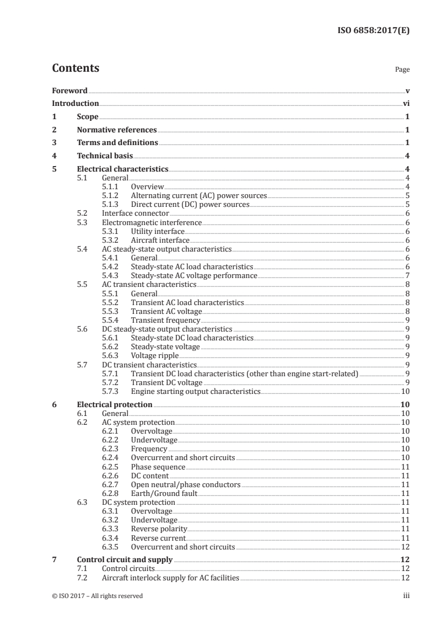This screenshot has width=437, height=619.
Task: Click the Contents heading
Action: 75,68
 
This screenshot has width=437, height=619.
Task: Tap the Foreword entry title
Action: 69,90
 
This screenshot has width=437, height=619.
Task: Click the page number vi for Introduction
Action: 406,103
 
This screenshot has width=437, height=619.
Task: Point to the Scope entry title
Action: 88,116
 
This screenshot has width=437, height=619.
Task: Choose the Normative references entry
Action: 117,130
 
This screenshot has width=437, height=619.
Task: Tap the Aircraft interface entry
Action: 160,241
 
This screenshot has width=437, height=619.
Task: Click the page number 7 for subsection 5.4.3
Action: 407,275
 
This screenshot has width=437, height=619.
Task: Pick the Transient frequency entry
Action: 165,320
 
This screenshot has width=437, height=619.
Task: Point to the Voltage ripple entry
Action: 155,355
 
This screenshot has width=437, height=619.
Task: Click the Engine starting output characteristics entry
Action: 195,391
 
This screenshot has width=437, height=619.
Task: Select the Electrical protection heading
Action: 115,404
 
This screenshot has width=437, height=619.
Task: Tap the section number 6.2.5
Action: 112,467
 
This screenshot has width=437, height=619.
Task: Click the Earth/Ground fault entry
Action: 164,493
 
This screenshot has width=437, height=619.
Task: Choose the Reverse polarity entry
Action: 159,529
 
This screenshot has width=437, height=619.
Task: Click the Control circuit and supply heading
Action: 125,559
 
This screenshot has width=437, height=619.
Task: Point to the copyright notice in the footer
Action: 98,596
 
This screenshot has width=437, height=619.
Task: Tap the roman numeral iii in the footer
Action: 406,596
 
